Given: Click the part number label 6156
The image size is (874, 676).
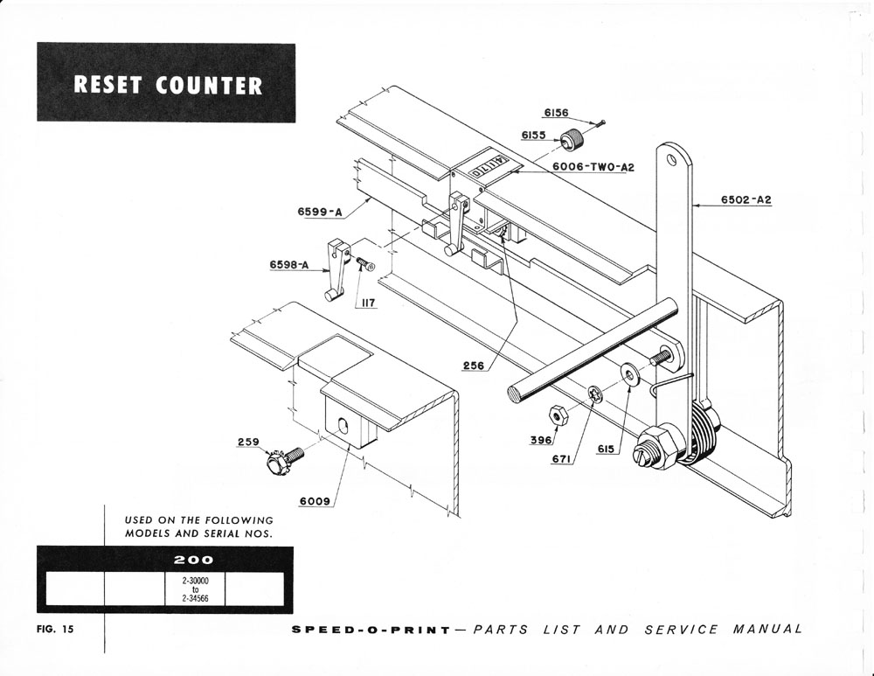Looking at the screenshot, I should point(556,113).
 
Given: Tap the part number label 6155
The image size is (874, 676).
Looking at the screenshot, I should point(534,135).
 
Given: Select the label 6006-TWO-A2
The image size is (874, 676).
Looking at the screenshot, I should point(593,166).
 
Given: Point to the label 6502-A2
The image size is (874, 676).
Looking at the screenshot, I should point(746,199).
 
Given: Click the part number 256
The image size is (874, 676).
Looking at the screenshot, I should point(475,365).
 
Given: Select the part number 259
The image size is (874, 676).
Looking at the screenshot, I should point(247,443).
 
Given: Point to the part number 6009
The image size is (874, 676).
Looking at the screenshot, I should point(315,502).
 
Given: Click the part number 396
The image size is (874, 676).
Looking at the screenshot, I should point(542,441).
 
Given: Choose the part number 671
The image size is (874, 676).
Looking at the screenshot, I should point(563,457).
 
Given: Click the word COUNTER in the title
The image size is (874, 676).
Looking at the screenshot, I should point(209,85).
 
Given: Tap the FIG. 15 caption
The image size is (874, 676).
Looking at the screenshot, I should point(57,631).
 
